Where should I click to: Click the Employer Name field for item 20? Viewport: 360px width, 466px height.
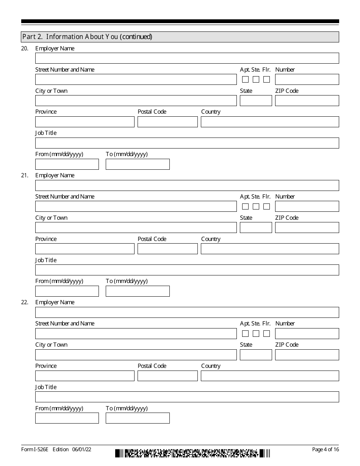click(x=187, y=58)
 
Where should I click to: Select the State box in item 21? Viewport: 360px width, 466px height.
click(x=256, y=227)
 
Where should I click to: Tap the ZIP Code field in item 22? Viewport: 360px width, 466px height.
click(x=307, y=355)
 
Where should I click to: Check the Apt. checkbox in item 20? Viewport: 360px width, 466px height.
click(x=245, y=80)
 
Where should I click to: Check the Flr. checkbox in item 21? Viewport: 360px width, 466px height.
click(x=266, y=206)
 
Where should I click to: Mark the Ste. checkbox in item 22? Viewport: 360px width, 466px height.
click(x=256, y=333)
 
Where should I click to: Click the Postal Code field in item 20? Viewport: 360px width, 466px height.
click(x=167, y=122)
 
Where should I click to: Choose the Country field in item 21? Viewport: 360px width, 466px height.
click(x=270, y=249)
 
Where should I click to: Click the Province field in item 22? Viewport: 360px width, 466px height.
click(x=85, y=375)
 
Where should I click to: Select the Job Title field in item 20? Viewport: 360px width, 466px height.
click(x=187, y=143)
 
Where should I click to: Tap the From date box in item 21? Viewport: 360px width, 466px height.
click(x=67, y=291)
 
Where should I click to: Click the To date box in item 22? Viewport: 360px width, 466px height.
click(x=138, y=418)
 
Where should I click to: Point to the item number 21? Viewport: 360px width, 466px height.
click(x=24, y=175)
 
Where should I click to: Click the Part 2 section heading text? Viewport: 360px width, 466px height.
click(x=87, y=37)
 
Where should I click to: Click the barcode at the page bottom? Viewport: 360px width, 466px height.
click(x=193, y=453)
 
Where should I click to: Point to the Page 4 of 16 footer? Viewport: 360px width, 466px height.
click(x=325, y=449)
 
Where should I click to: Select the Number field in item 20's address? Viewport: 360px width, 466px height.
click(x=307, y=79)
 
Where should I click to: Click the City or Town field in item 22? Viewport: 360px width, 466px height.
click(x=136, y=355)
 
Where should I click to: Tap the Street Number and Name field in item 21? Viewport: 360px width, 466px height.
click(x=136, y=206)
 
